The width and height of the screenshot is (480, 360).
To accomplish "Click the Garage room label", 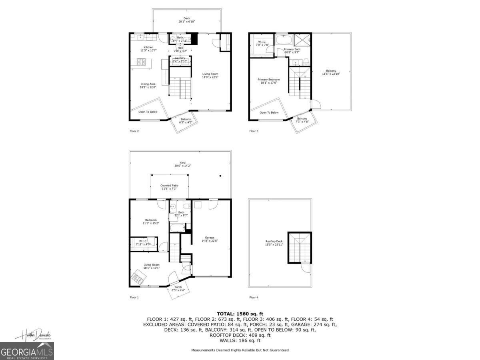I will tap(209, 239).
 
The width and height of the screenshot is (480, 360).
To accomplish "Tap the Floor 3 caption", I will tap(254, 131).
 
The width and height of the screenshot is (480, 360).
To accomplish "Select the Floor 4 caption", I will tap(254, 297).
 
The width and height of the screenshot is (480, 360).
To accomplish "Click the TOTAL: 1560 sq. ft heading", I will tap(240, 314).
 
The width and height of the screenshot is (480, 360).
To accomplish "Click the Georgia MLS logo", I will tap(27, 351).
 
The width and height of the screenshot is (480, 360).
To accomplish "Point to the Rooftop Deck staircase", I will tap(299, 248).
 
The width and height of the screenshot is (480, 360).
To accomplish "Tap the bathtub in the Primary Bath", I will tap(284, 40).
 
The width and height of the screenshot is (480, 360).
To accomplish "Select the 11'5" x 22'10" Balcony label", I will tap(331, 72).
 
